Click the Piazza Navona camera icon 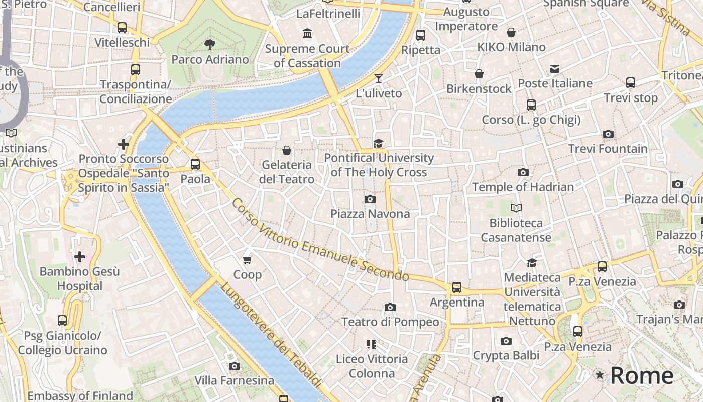(x=370, y=199)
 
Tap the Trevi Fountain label (x=608, y=149)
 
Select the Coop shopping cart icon (x=247, y=260)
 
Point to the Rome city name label (x=642, y=376)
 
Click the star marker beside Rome (x=600, y=375)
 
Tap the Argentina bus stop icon (x=456, y=287)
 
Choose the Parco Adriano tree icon (x=209, y=45)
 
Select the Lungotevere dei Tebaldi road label (x=271, y=335)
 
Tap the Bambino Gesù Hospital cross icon (x=79, y=257)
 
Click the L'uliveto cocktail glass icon (x=378, y=78)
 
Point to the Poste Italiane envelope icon (x=555, y=68)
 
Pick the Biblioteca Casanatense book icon (x=516, y=208)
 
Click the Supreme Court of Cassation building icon (x=307, y=34)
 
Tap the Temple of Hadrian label (x=523, y=187)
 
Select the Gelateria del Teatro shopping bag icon (x=287, y=150)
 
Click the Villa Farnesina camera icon (x=234, y=366)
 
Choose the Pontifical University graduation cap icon (x=378, y=143)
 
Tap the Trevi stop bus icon (x=631, y=83)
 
